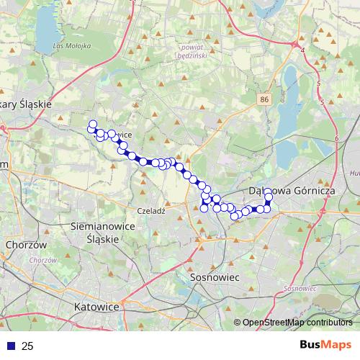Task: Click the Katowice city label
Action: click(96, 306)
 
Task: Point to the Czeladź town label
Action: click(151, 211)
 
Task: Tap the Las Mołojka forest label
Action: click(72, 46)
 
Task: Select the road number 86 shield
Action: click(266, 99)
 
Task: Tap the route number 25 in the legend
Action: click(27, 346)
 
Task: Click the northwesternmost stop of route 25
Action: click(92, 124)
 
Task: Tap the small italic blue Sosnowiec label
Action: click(296, 288)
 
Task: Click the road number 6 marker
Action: click(336, 138)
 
